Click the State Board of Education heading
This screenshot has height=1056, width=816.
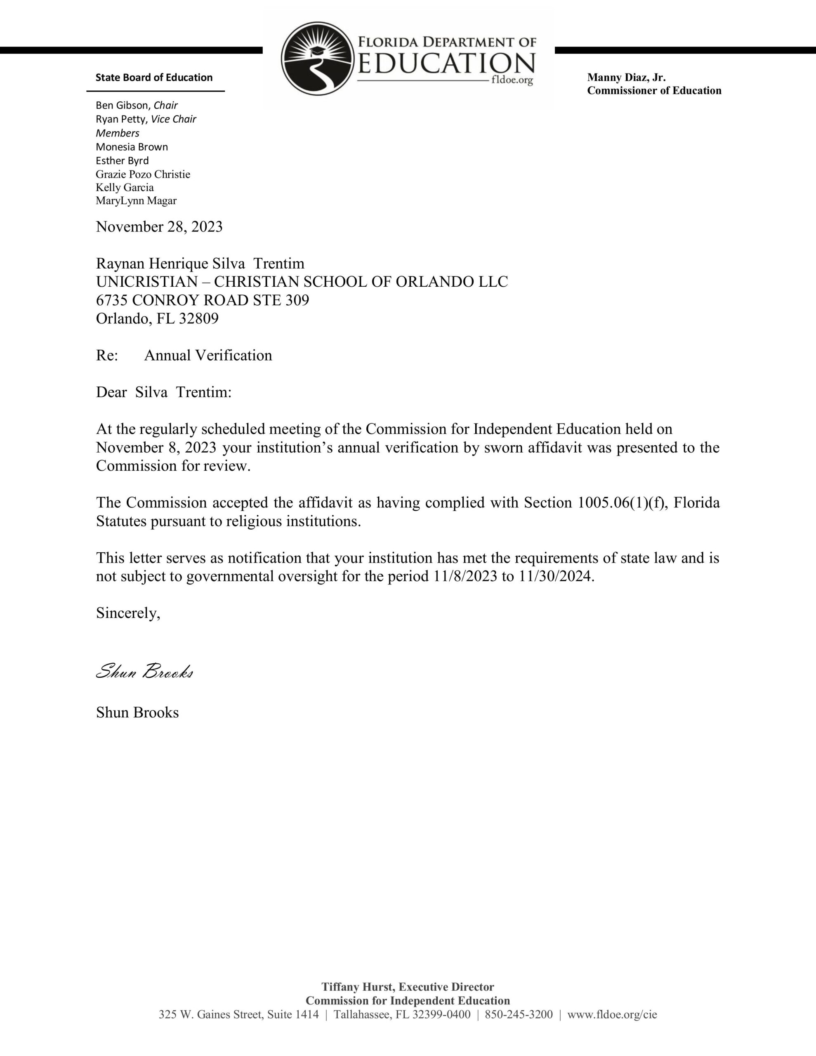click(154, 78)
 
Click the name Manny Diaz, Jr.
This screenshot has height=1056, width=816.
click(626, 78)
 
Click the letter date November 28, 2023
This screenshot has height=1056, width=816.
click(159, 227)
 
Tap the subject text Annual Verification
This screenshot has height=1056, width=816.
click(208, 356)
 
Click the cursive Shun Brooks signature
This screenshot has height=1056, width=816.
click(144, 672)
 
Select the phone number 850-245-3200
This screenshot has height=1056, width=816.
click(519, 1014)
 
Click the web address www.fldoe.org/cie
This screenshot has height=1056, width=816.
click(612, 1014)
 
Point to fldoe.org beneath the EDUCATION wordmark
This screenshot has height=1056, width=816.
click(512, 80)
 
